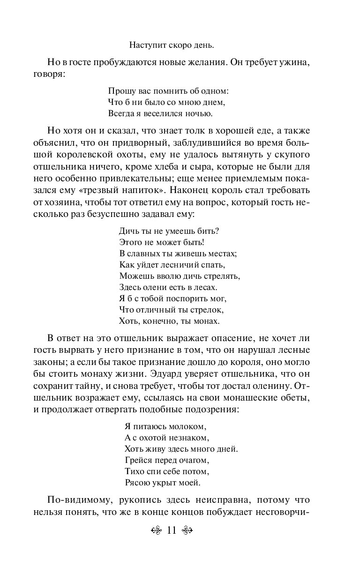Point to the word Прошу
click(x=119, y=90)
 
